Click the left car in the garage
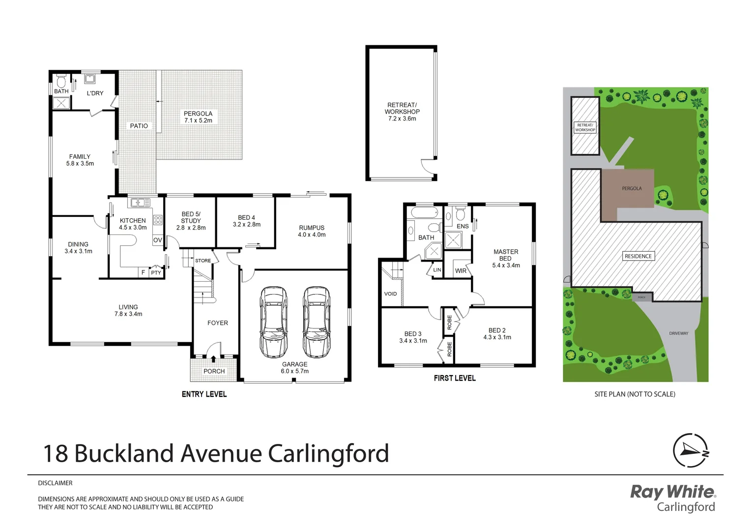pyautogui.click(x=274, y=322)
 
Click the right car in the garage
pyautogui.click(x=317, y=322)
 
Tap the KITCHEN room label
pyautogui.click(x=133, y=221)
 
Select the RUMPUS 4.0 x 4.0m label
pyautogui.click(x=312, y=231)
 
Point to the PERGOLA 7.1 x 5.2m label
pyautogui.click(x=198, y=117)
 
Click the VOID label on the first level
pyautogui.click(x=390, y=294)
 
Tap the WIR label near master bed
pyautogui.click(x=461, y=271)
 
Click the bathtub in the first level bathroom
pyautogui.click(x=424, y=213)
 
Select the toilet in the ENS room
pyautogui.click(x=461, y=214)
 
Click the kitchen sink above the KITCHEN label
pyautogui.click(x=140, y=202)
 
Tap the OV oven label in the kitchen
pyautogui.click(x=157, y=240)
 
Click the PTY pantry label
pyautogui.click(x=156, y=273)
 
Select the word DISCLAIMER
pyautogui.click(x=55, y=483)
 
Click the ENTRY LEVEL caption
pyautogui.click(x=204, y=394)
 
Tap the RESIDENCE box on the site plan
pyautogui.click(x=638, y=256)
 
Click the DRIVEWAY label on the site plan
pyautogui.click(x=678, y=333)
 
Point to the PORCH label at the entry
pyautogui.click(x=214, y=372)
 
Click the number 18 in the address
pyautogui.click(x=55, y=454)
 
